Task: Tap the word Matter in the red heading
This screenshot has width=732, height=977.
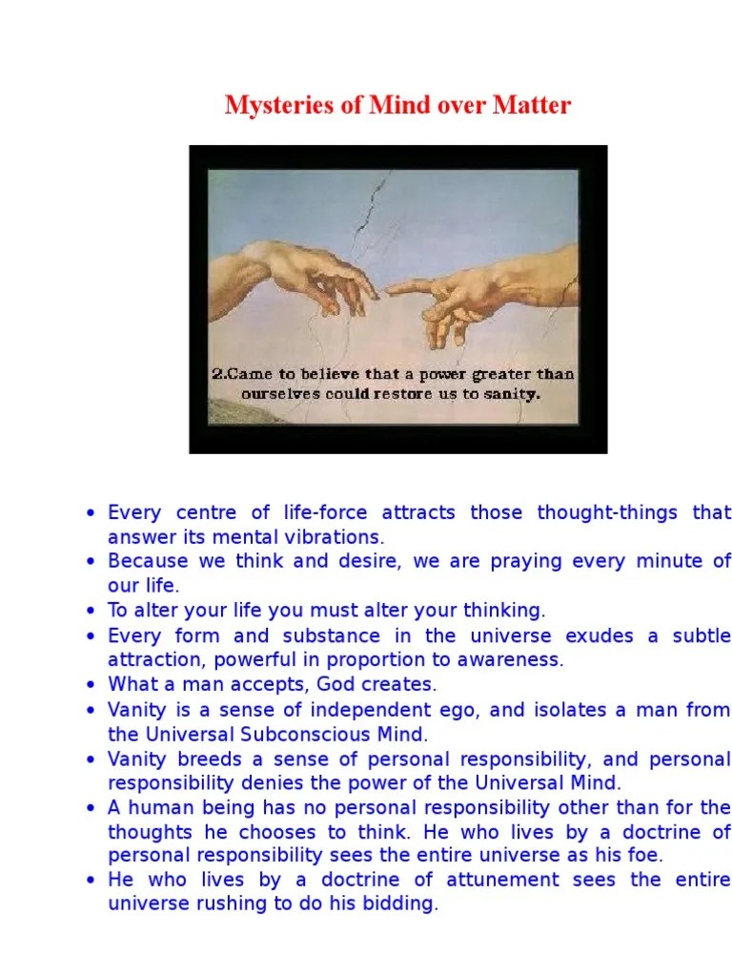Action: pos(532,105)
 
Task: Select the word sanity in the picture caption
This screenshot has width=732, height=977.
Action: pos(514,392)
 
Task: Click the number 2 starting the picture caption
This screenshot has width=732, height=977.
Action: pos(216,374)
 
